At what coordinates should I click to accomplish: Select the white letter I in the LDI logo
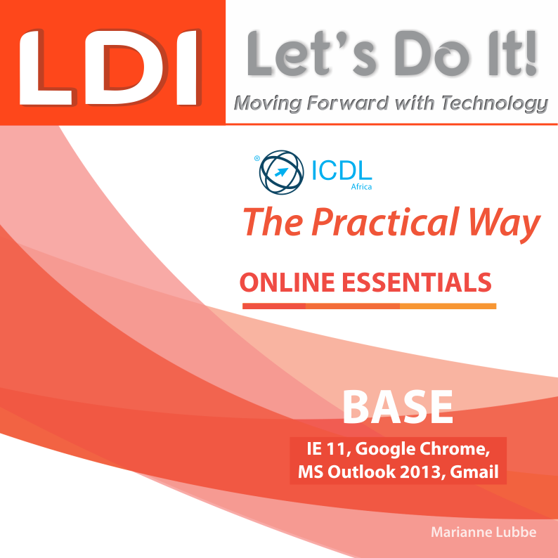186,67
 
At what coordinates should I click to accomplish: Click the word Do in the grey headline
432,53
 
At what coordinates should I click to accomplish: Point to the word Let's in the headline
312,53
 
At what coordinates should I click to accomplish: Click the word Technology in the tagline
495,103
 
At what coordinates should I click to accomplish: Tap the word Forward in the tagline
347,103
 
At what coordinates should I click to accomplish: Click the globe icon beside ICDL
282,172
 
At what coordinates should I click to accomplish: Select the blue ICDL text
342,171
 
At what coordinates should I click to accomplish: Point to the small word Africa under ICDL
361,187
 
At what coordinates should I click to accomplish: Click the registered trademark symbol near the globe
257,158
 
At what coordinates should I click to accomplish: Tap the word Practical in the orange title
385,222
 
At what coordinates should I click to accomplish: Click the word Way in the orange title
505,225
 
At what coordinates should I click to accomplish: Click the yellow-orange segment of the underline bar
448,306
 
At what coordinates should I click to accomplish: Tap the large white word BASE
398,407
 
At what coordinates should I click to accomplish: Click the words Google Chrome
423,449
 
